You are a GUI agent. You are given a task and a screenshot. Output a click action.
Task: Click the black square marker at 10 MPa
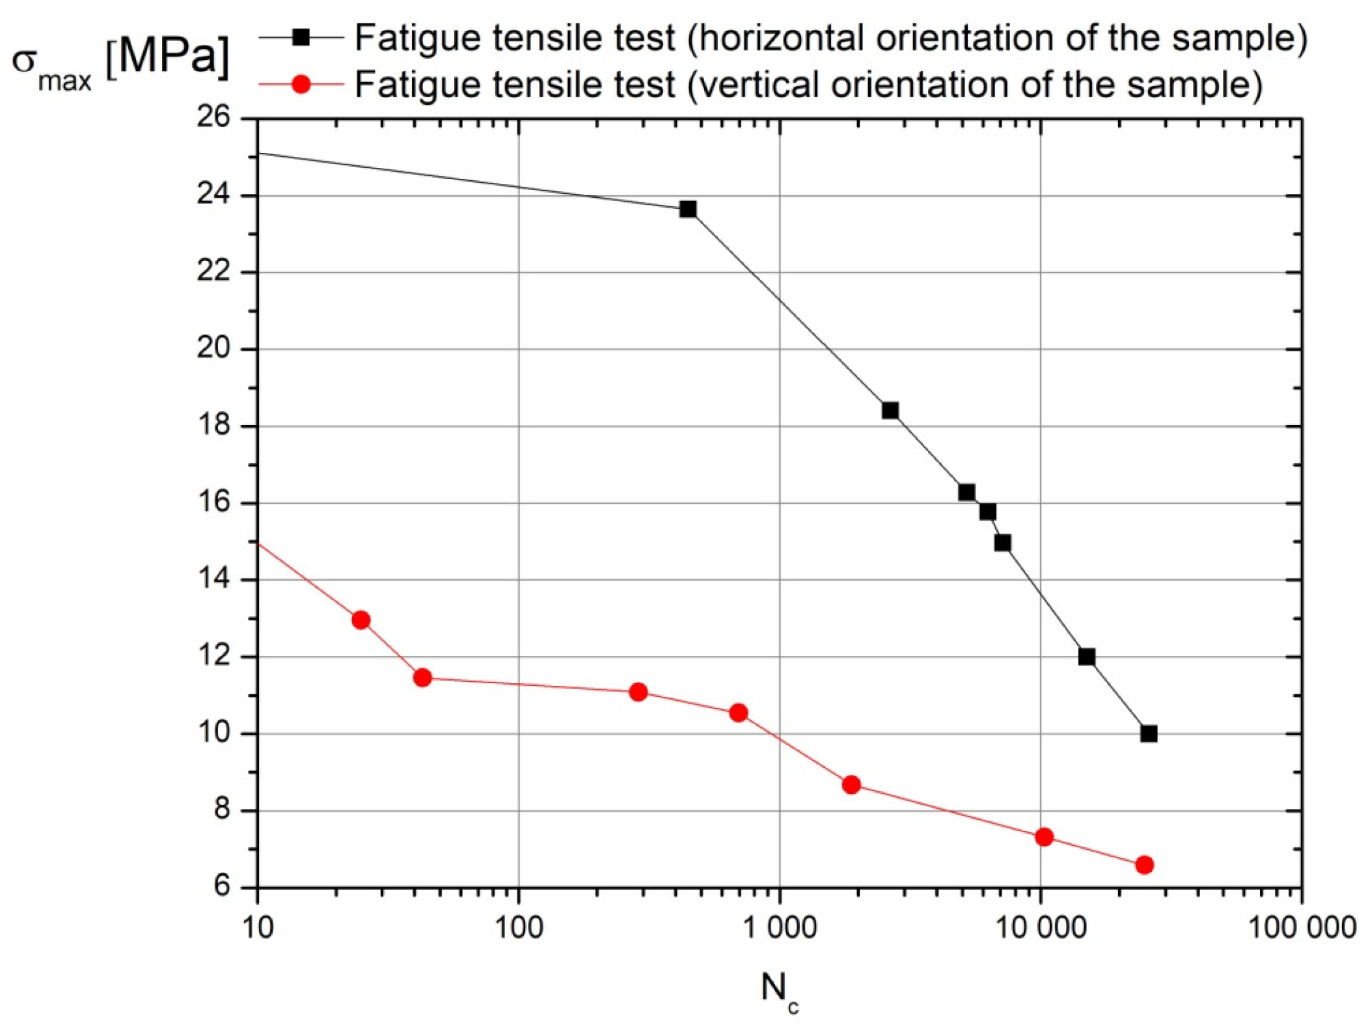point(1148,733)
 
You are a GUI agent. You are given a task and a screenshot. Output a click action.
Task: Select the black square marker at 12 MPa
point(1086,657)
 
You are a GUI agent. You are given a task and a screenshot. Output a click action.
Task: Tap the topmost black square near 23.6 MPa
point(687,209)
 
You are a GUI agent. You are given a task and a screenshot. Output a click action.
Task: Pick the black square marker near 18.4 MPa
point(890,410)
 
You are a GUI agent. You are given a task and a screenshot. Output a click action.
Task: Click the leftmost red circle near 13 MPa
point(361,619)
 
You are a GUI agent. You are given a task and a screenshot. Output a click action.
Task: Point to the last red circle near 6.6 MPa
point(1143,865)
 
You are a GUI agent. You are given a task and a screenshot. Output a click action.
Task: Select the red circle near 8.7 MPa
point(851,785)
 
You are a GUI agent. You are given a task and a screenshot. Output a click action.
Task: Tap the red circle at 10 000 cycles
point(1043,837)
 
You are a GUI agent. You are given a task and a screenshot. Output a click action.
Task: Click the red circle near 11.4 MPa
point(422,678)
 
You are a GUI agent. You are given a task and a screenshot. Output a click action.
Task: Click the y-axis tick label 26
point(213,118)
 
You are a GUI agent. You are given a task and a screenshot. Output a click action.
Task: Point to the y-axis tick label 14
point(213,579)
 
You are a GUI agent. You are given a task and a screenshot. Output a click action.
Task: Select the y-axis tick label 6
point(221,886)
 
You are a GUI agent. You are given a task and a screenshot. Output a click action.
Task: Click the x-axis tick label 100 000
point(1301,927)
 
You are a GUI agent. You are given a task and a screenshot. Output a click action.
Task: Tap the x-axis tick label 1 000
point(779,927)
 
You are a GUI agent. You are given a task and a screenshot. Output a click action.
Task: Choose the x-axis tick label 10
point(258,927)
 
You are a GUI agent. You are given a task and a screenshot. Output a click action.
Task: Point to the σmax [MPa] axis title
point(120,62)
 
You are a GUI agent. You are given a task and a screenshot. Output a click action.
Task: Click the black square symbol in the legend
point(301,37)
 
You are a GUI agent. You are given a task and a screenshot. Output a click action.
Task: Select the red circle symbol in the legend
point(301,84)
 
